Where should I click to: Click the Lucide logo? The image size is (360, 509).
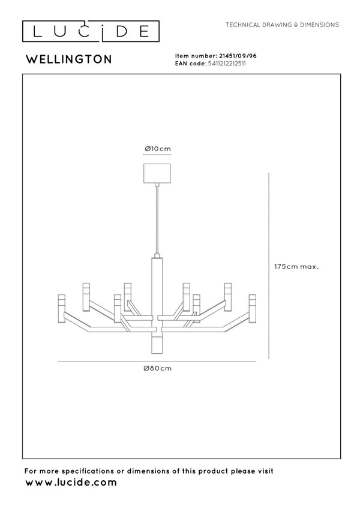pyautogui.click(x=91, y=32)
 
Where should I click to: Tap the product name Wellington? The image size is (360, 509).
pyautogui.click(x=69, y=59)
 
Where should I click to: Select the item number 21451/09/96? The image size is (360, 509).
pyautogui.click(x=238, y=56)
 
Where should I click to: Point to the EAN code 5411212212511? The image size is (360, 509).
pyautogui.click(x=227, y=64)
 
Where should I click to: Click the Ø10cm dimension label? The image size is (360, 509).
pyautogui.click(x=158, y=149)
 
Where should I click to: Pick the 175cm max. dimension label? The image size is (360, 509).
pyautogui.click(x=296, y=267)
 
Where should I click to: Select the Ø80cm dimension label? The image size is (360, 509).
pyautogui.click(x=158, y=369)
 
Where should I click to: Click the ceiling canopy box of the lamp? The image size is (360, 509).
pyautogui.click(x=157, y=173)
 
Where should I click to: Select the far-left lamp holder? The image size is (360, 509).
pyautogui.click(x=61, y=309)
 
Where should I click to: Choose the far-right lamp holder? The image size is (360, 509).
pyautogui.click(x=253, y=309)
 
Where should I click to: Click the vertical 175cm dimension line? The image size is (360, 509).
pyautogui.click(x=269, y=266)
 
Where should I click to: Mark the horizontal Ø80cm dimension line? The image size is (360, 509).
pyautogui.click(x=157, y=362)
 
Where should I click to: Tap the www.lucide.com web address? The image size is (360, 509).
pyautogui.click(x=71, y=483)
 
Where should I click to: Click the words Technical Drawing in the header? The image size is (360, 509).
pyautogui.click(x=259, y=25)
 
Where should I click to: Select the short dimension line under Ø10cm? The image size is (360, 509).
pyautogui.click(x=157, y=155)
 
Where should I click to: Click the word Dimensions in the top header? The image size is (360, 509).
pyautogui.click(x=319, y=25)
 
